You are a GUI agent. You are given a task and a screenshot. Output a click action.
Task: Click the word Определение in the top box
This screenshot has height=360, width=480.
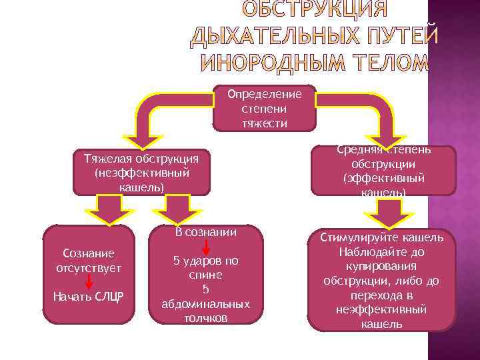pyautogui.click(x=264, y=94)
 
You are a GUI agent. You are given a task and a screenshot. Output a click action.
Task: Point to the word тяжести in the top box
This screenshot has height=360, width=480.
pyautogui.click(x=264, y=123)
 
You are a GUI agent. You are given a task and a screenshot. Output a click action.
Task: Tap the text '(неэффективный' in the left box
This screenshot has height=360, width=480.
pyautogui.click(x=141, y=173)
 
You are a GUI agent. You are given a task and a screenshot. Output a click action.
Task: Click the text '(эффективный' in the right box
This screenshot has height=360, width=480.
pyautogui.click(x=383, y=179)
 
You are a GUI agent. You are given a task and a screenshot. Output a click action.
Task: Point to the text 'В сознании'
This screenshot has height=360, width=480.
pyautogui.click(x=205, y=232)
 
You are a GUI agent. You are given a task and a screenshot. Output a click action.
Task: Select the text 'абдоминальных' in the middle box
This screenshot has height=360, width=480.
pyautogui.click(x=205, y=303)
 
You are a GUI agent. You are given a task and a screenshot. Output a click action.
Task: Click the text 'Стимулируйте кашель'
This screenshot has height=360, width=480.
pyautogui.click(x=381, y=238)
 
